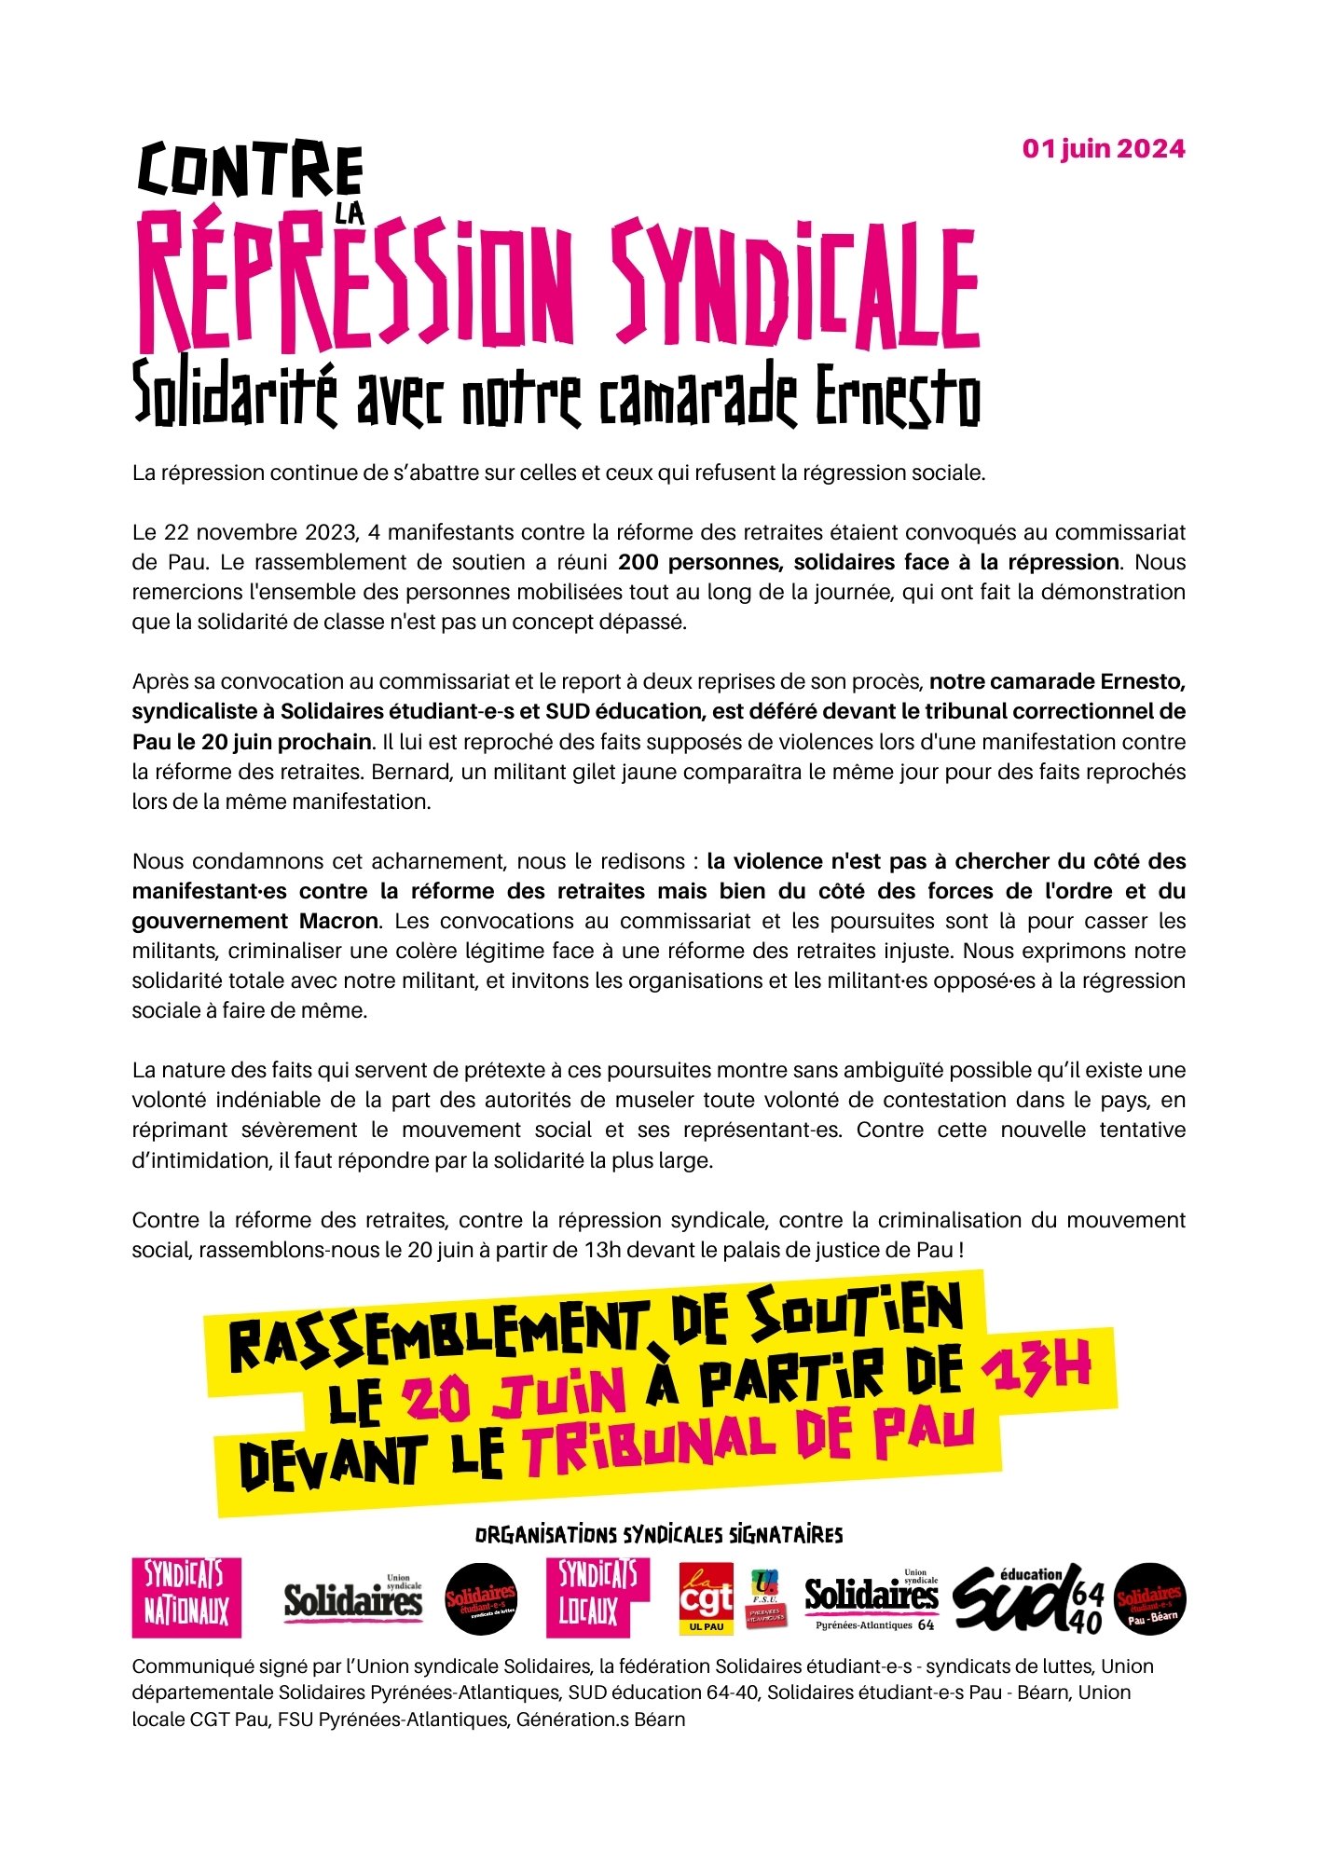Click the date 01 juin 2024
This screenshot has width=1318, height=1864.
click(1104, 149)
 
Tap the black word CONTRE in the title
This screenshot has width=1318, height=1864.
click(250, 171)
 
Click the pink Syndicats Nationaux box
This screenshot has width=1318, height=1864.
click(186, 1597)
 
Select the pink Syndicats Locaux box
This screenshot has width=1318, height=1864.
click(597, 1597)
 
